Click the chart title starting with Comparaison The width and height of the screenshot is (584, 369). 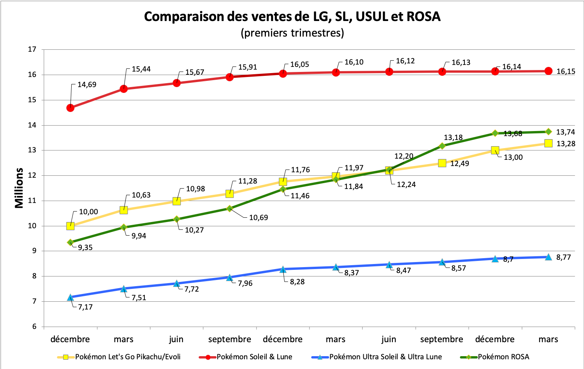pos(292,17)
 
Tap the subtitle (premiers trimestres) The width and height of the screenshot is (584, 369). pos(292,33)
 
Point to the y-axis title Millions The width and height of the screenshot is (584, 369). pos(19,188)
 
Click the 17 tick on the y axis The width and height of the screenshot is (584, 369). pos(32,49)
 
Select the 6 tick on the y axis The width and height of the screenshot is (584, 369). pos(34,327)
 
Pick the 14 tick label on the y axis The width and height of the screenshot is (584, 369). pos(32,125)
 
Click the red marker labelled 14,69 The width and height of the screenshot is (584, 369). pos(70,108)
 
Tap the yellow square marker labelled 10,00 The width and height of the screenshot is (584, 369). pos(70,226)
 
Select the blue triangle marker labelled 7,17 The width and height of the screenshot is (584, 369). pos(70,297)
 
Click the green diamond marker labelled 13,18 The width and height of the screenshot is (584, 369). pos(442,146)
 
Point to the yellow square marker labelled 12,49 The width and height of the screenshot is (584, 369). pos(442,163)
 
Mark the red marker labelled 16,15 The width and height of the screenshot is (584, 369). pos(548,71)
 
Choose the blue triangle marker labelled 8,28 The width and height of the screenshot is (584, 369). pos(283,269)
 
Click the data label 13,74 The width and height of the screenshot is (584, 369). pos(565,132)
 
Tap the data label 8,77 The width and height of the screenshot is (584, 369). pos(563,257)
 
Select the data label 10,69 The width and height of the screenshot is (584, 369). pos(259,218)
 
